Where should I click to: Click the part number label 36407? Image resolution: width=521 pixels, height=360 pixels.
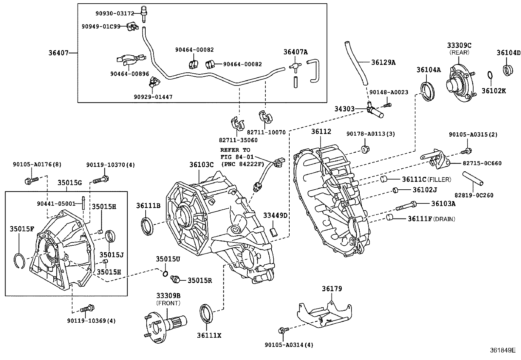59,52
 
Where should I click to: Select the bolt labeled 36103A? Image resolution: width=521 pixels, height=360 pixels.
406,206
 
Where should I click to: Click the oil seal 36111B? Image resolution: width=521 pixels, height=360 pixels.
147,225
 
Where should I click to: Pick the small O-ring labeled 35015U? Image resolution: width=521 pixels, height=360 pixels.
166,274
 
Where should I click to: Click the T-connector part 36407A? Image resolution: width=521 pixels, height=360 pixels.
295,67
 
